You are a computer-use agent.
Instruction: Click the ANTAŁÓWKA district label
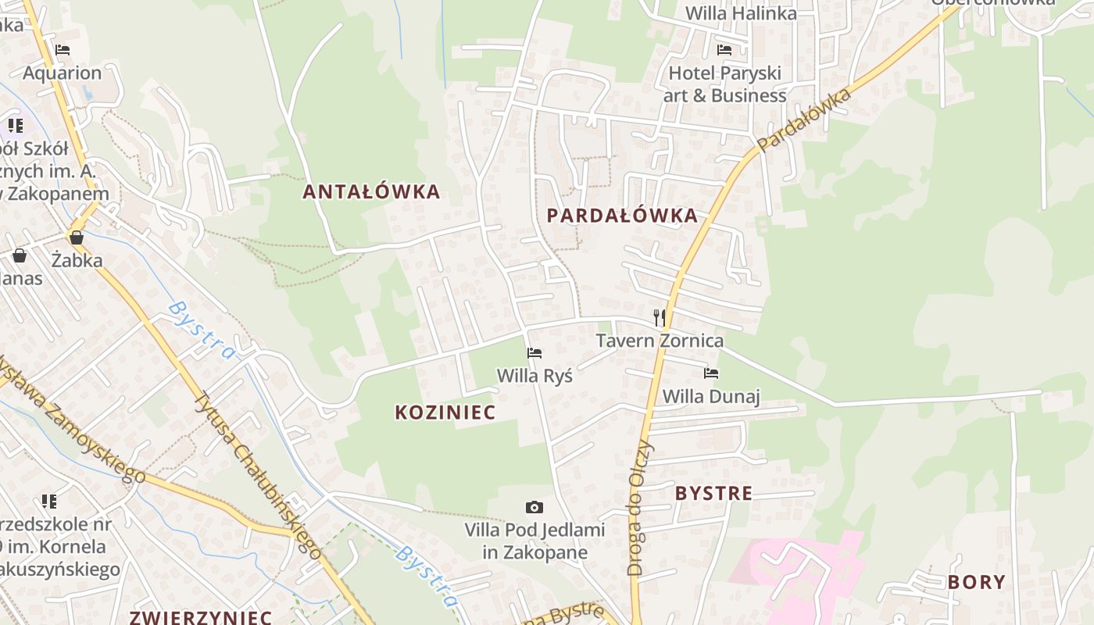371,191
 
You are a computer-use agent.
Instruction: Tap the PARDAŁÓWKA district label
622,216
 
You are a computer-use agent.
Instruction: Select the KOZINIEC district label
445,412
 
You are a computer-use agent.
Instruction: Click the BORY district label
976,582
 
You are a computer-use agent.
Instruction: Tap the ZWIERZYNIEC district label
201,616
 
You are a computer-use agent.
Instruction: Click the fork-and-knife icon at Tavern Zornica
660,317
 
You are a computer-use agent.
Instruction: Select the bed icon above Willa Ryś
534,353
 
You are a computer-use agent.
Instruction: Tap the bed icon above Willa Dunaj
711,373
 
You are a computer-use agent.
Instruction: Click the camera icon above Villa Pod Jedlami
534,508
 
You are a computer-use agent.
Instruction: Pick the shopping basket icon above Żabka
77,237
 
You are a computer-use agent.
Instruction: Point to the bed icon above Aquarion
63,50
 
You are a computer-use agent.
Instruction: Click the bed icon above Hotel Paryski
724,50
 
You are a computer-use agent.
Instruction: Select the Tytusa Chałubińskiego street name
258,475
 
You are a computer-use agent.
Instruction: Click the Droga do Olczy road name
638,508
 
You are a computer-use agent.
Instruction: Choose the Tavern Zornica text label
660,341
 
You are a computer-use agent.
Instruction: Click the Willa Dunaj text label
711,396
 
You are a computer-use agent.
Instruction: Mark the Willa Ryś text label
534,376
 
